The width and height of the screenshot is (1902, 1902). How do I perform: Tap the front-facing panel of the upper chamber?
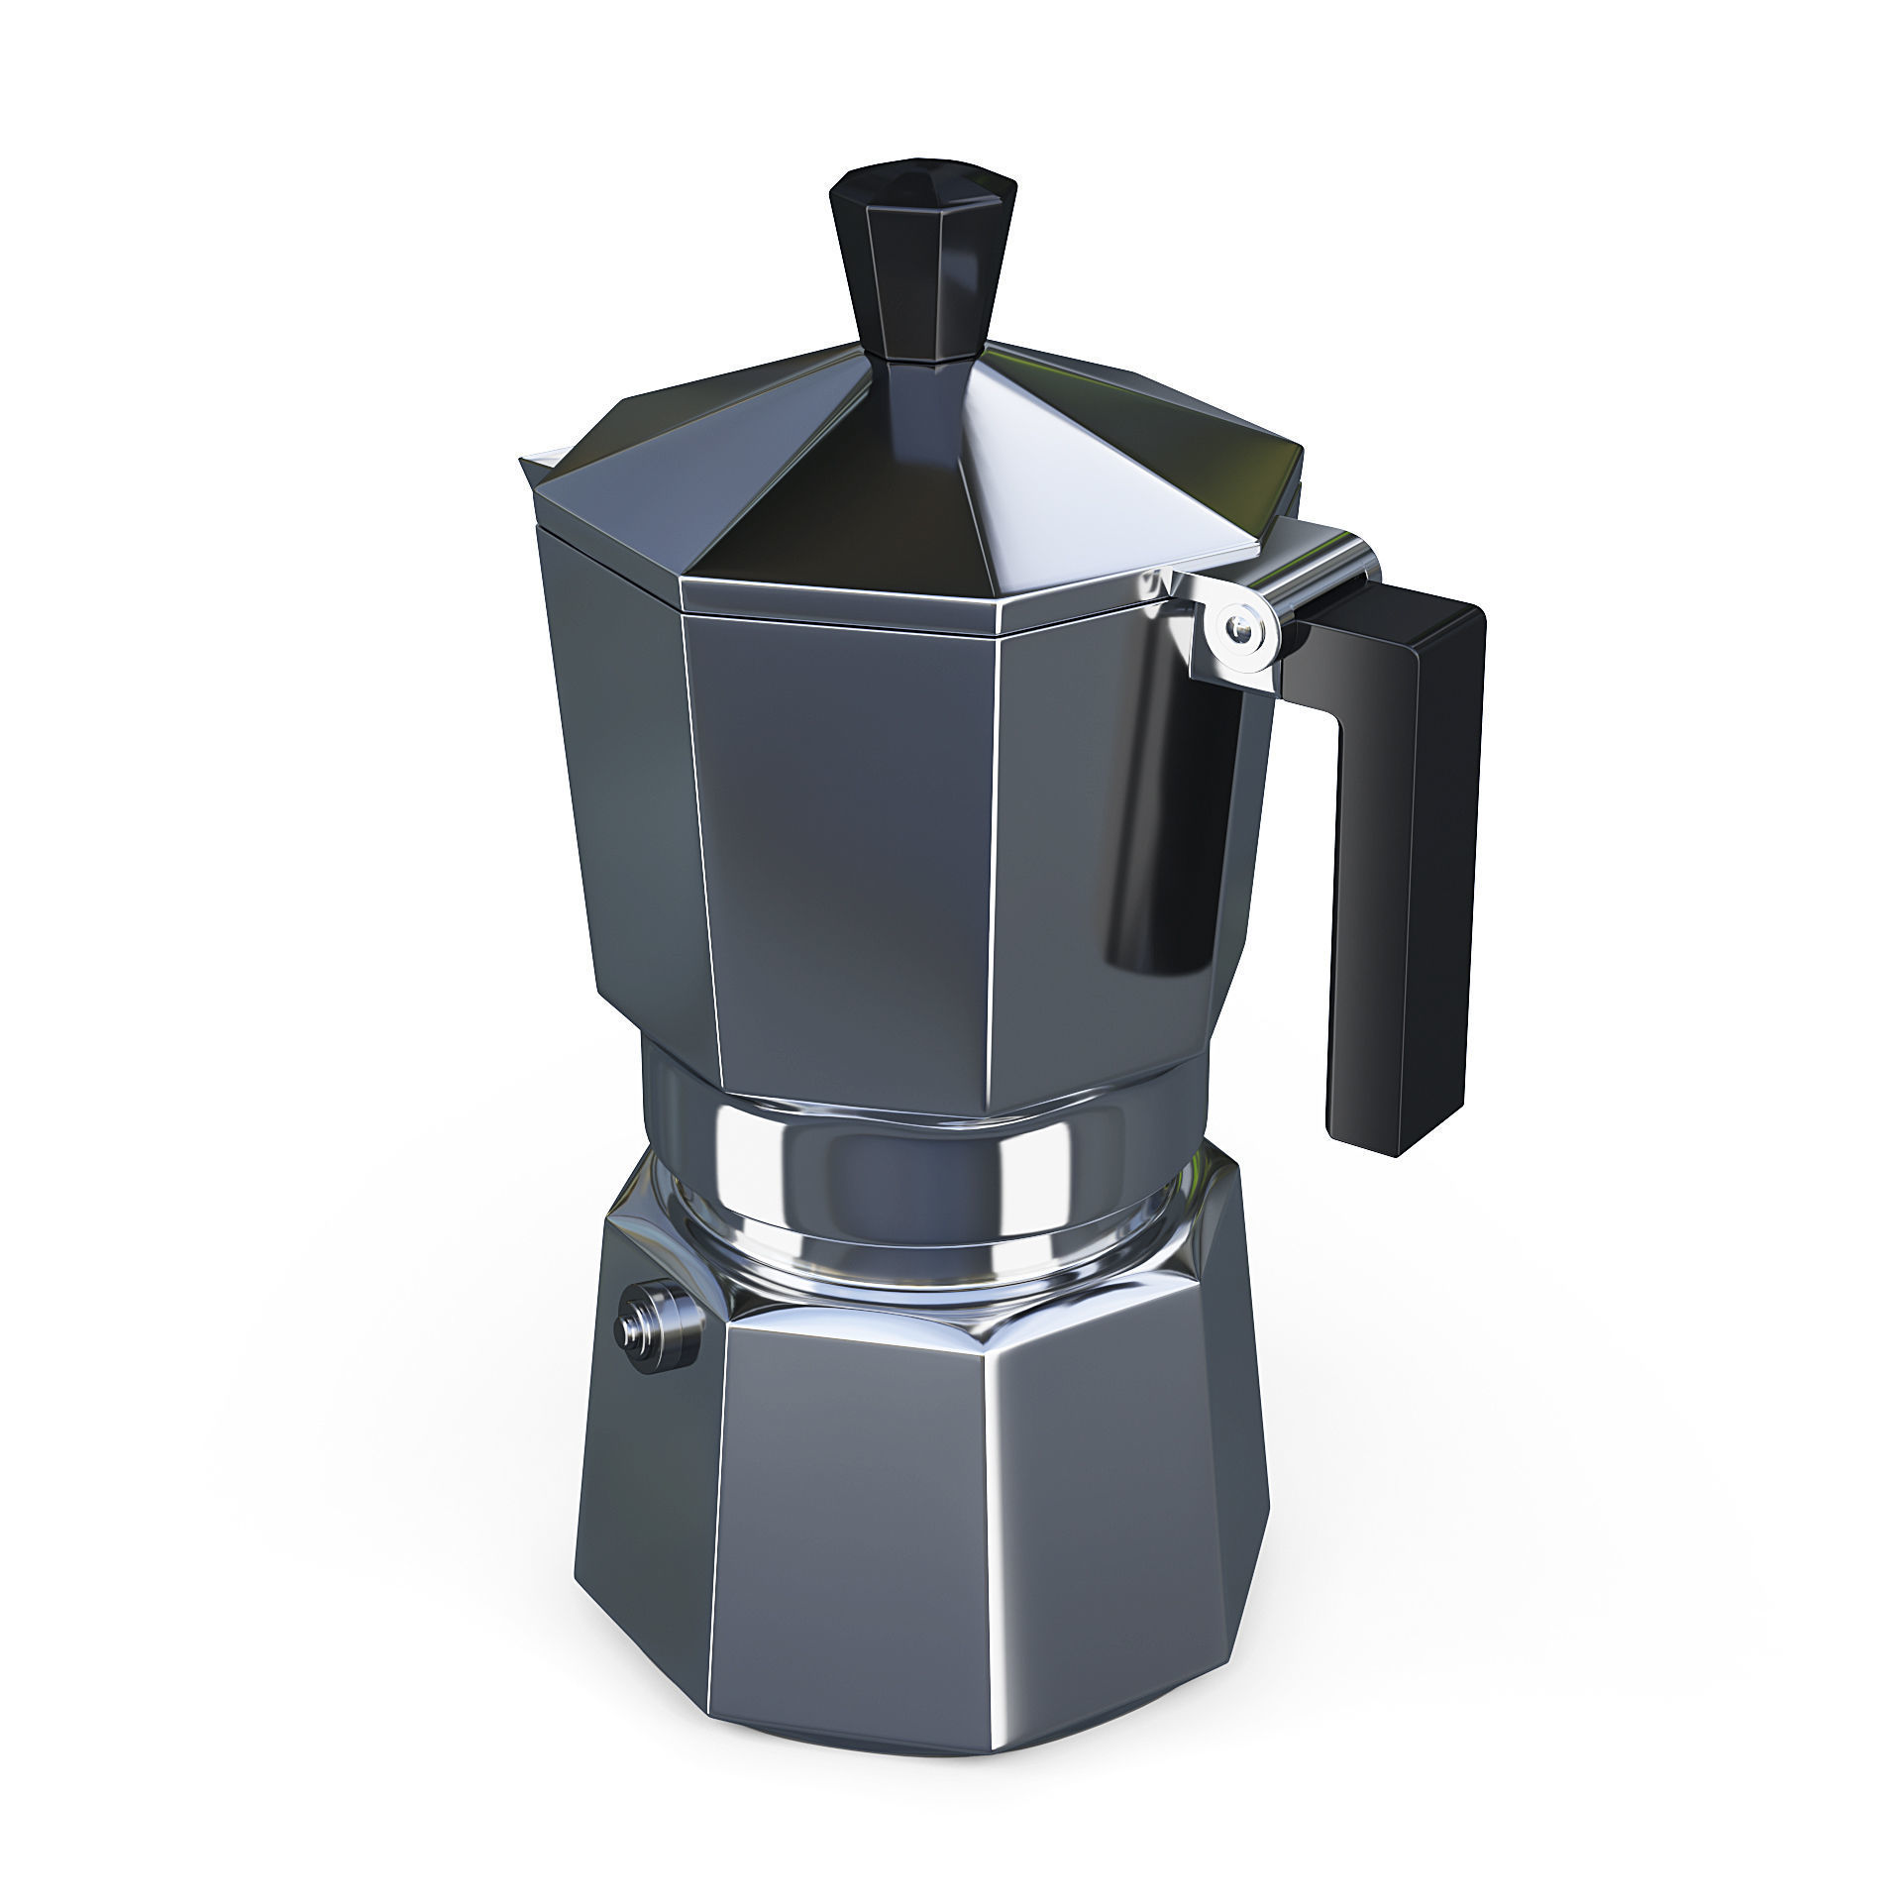point(842,852)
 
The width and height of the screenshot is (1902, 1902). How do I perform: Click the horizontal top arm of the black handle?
point(1387,634)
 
